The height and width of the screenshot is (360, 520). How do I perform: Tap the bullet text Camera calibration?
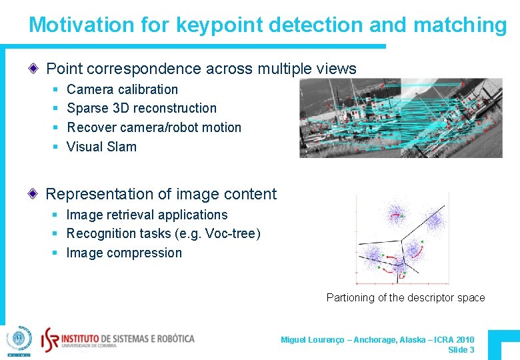coord(122,89)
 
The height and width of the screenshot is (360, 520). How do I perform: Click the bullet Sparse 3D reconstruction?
coord(141,108)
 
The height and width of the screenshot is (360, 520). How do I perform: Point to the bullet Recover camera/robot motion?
coord(154,127)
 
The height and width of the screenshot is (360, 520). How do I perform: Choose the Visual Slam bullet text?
coord(101,147)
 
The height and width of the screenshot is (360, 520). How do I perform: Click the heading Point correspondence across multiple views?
coord(201,69)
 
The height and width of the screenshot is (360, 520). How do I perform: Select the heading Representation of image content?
coord(161,194)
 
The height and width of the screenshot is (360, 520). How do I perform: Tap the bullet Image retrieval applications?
coord(147,215)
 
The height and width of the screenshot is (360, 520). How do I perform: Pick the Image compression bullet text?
coord(124,253)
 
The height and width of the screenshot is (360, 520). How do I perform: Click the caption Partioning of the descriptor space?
coord(405,297)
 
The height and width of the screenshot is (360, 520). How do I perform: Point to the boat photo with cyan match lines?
coord(400,118)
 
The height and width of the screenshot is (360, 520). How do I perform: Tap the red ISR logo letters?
coord(51,338)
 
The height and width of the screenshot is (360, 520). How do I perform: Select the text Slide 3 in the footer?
coord(461,350)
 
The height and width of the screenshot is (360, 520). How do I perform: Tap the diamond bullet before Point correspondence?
coord(34,69)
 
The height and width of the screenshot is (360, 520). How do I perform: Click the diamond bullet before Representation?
coord(34,194)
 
